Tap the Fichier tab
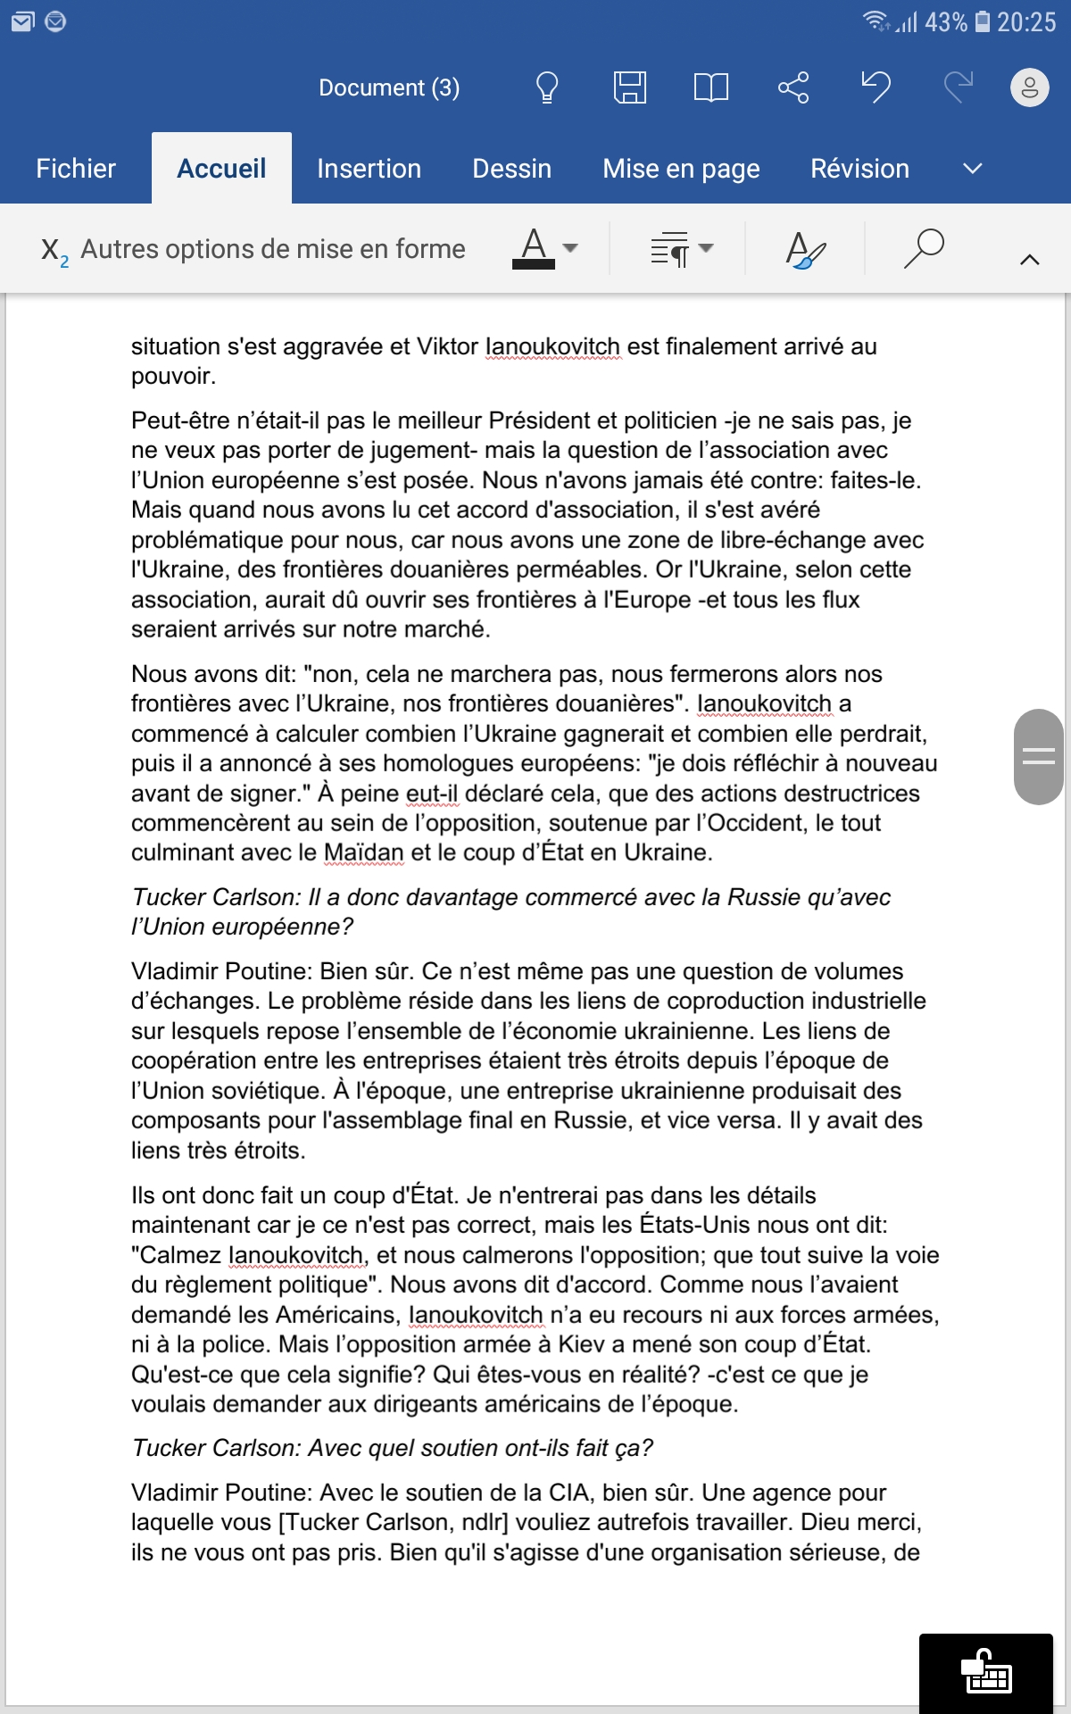coord(76,169)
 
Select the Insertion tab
coord(369,169)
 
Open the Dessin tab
coord(511,169)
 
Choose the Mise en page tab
coord(681,169)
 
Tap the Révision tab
coord(859,169)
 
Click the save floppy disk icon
coord(630,87)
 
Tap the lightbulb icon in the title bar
coord(547,87)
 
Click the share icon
coord(793,87)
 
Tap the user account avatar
coord(1029,87)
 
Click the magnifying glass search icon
coord(924,248)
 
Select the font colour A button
coord(534,247)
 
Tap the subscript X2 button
coord(54,250)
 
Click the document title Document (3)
coord(389,87)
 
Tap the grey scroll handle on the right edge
coord(1038,757)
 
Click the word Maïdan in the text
coord(363,853)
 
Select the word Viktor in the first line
coord(447,346)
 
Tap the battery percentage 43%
coord(945,22)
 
